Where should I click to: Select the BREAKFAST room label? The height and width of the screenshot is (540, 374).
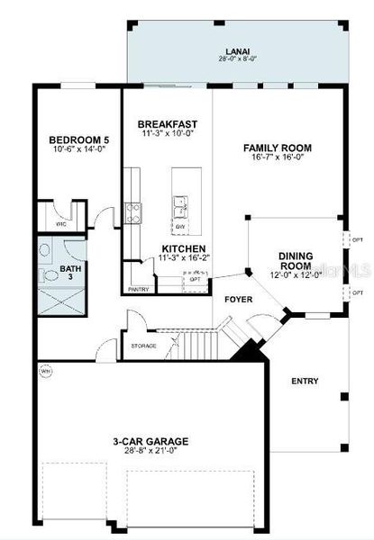click(168, 123)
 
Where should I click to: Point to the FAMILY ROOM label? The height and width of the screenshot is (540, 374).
click(276, 148)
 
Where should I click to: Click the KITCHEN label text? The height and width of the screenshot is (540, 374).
click(183, 248)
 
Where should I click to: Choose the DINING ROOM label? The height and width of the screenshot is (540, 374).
click(296, 261)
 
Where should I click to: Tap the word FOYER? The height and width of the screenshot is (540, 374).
click(239, 299)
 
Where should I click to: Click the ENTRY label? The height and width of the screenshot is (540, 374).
click(305, 381)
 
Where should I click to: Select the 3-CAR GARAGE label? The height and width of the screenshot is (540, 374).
click(151, 441)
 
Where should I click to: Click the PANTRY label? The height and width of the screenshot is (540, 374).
click(138, 289)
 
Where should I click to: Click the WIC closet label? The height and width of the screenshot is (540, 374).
click(61, 222)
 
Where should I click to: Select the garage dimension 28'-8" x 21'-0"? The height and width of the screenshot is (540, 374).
click(151, 452)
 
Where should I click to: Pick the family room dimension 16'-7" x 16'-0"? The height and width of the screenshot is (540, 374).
click(276, 158)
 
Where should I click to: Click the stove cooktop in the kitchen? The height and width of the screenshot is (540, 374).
click(133, 212)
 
